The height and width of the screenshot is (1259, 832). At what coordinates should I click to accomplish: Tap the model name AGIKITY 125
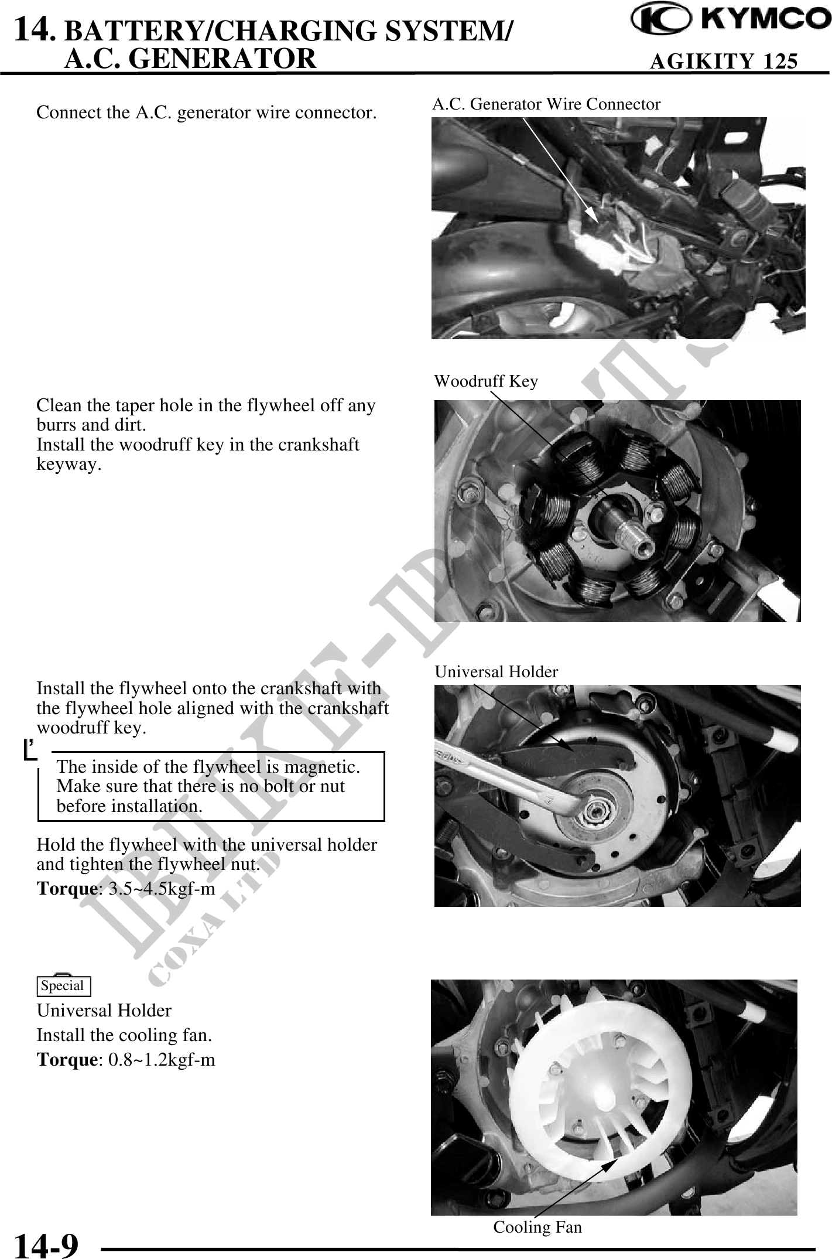pyautogui.click(x=724, y=61)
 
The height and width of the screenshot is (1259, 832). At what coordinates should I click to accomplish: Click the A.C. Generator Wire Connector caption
pyautogui.click(x=546, y=104)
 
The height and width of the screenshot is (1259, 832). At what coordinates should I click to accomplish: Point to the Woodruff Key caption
pyautogui.click(x=485, y=381)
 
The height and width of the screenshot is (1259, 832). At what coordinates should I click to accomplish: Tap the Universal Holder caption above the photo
pyautogui.click(x=497, y=672)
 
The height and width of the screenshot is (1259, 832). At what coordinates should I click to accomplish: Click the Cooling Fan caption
pyautogui.click(x=537, y=1227)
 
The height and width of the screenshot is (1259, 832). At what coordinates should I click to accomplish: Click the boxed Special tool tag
pyautogui.click(x=63, y=986)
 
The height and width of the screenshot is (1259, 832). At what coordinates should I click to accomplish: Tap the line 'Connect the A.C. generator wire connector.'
pyautogui.click(x=207, y=112)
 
